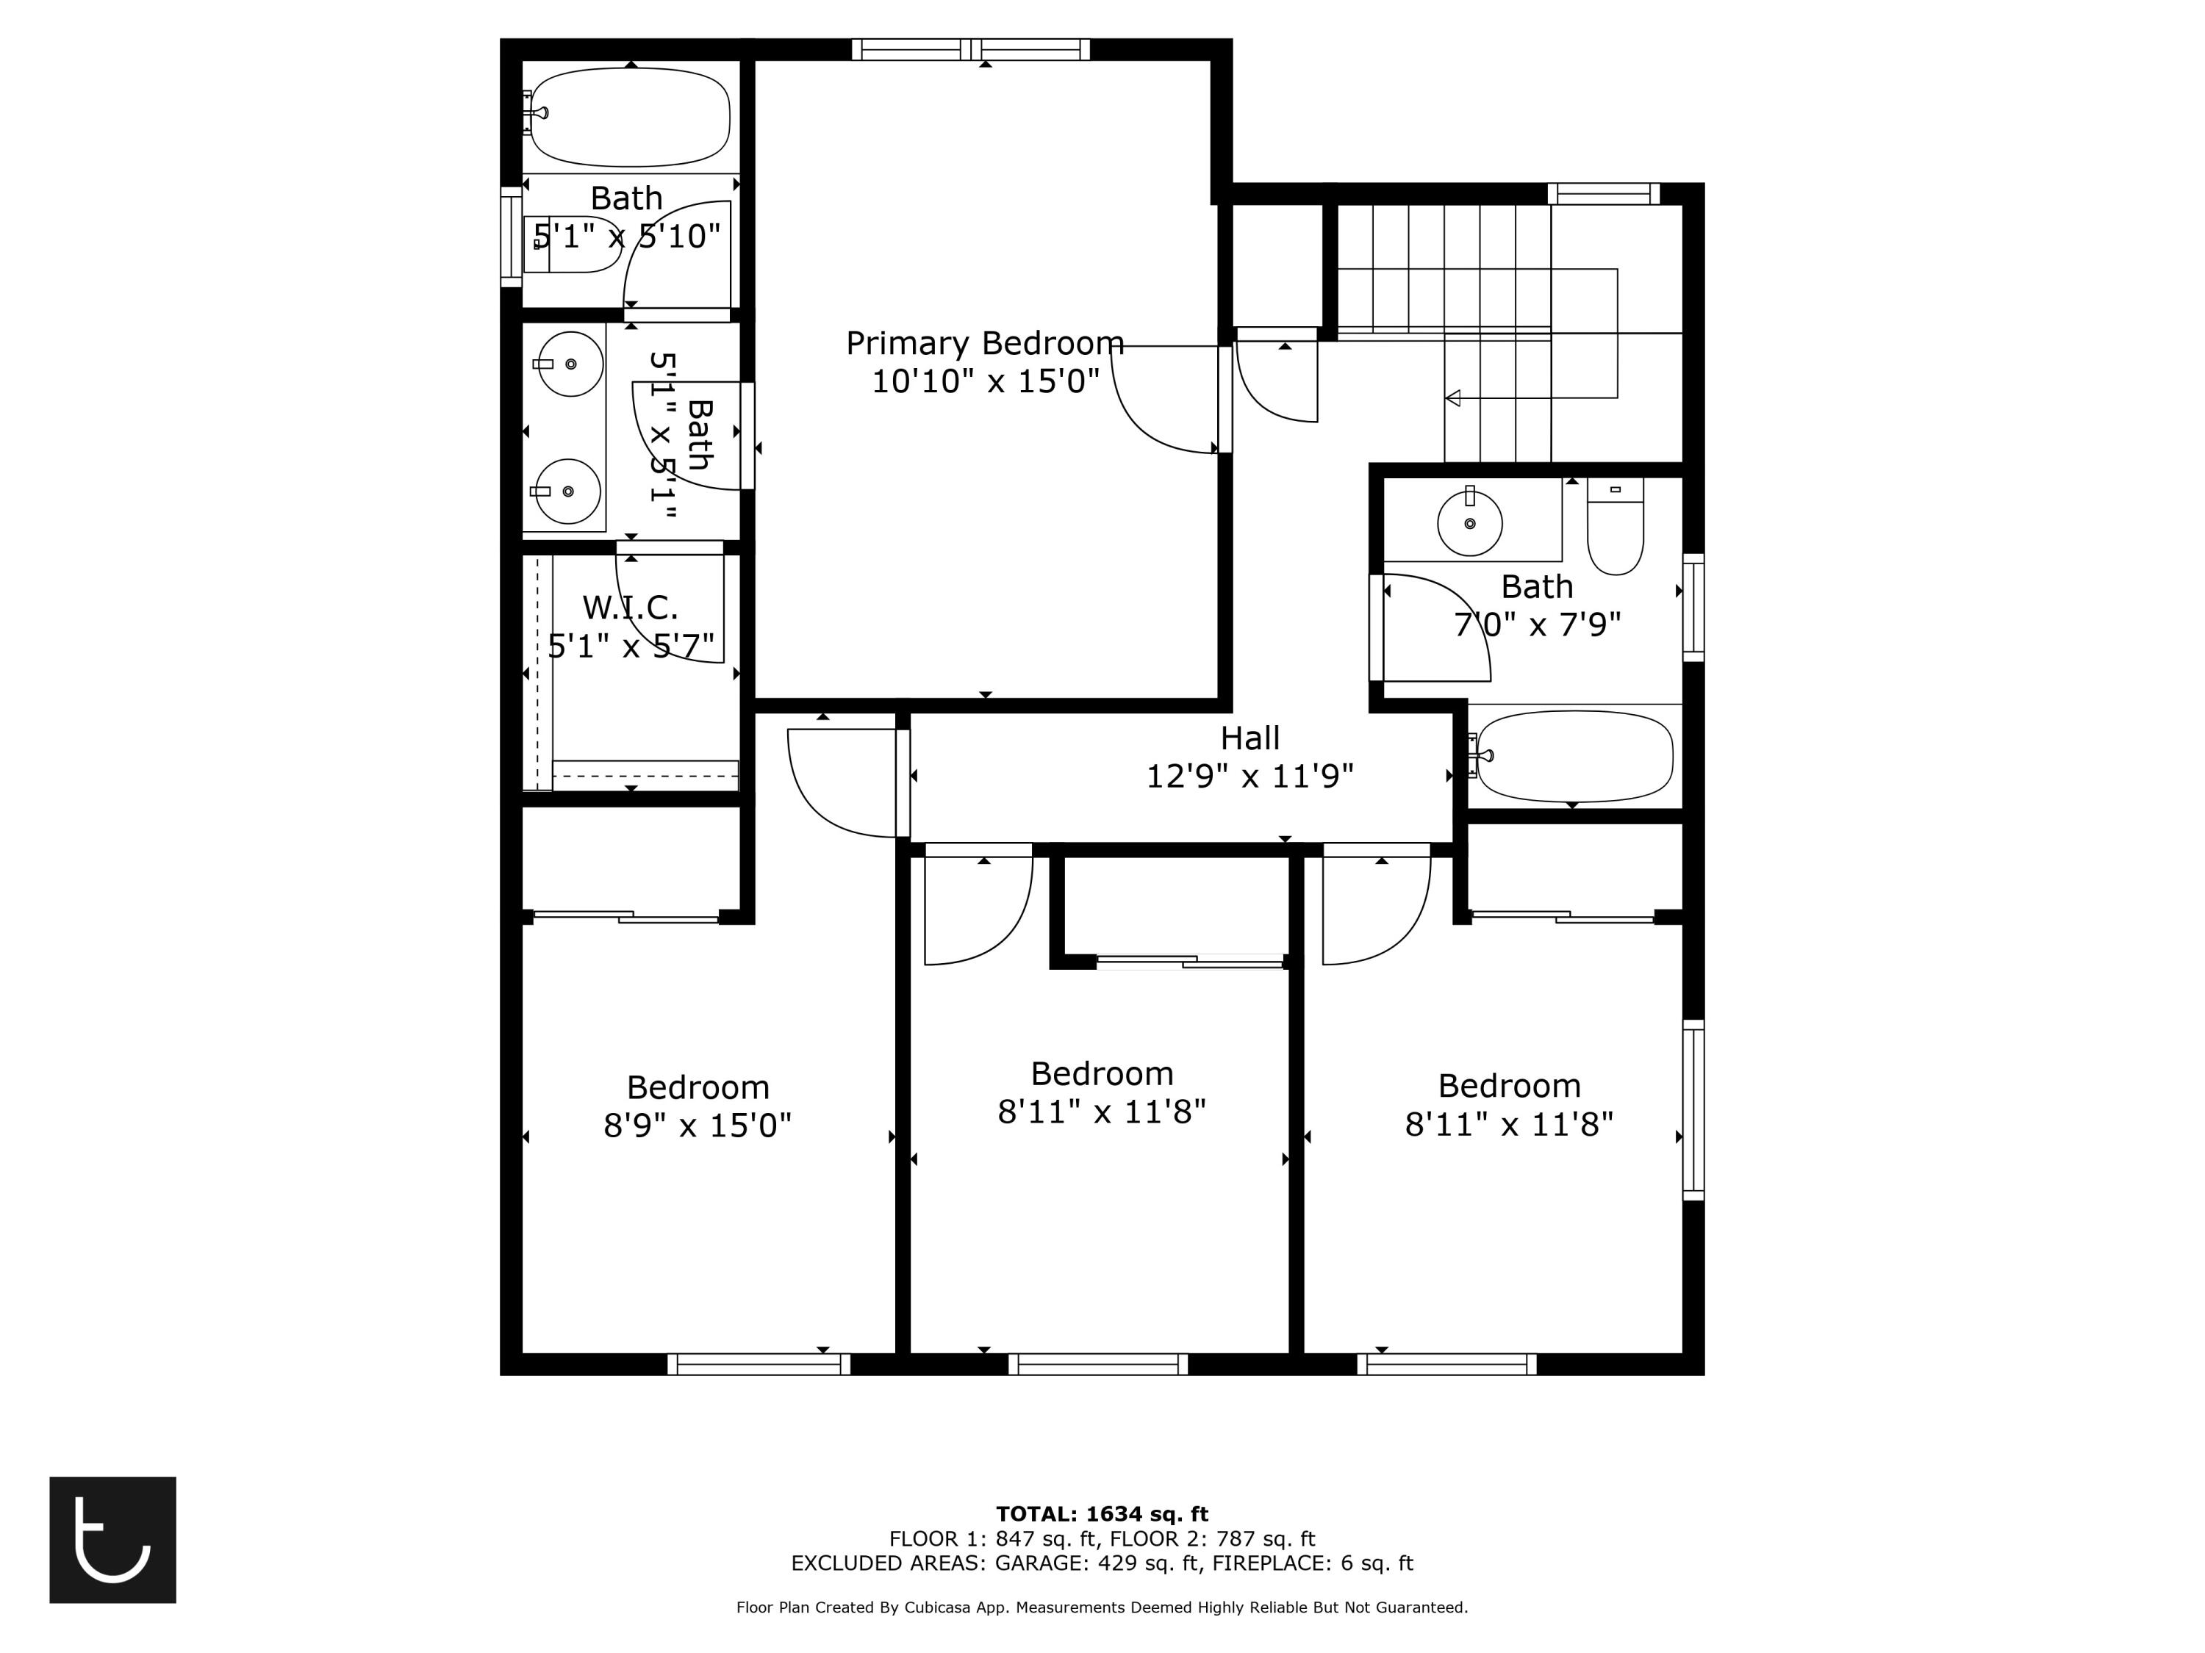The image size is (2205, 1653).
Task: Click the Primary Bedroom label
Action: tap(984, 344)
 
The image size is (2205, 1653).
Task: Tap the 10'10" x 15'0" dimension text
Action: tap(984, 381)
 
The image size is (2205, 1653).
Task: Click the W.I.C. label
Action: tap(630, 607)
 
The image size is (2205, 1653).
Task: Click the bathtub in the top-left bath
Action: tap(630, 118)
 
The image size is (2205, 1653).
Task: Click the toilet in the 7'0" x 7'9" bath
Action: tap(1615, 528)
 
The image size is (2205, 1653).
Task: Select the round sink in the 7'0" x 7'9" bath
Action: tap(1469, 523)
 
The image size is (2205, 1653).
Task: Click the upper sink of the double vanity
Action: tap(570, 364)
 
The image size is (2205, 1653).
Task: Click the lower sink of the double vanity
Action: tap(567, 491)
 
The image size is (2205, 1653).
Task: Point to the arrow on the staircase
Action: tap(1453, 397)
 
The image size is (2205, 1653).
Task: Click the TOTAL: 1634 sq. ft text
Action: tap(1102, 1514)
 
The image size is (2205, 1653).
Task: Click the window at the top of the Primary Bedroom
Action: tap(970, 50)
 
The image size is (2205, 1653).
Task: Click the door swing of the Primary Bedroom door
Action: tap(1156, 408)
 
